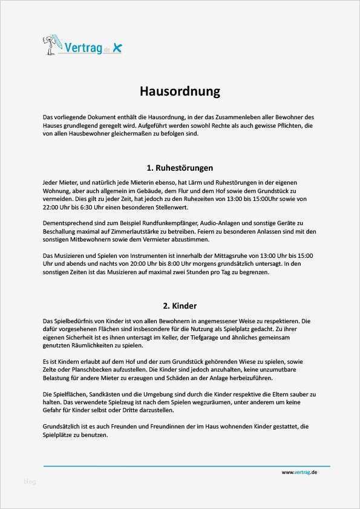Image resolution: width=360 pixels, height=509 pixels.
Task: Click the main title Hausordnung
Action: (x=180, y=91)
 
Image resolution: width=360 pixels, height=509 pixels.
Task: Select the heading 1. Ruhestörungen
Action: (x=180, y=168)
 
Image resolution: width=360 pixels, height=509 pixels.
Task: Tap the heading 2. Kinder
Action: (x=180, y=306)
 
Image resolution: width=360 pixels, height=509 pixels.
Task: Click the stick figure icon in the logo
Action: (x=50, y=45)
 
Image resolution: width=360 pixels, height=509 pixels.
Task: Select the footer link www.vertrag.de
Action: (x=299, y=472)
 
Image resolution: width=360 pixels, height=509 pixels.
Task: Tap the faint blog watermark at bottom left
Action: (x=30, y=482)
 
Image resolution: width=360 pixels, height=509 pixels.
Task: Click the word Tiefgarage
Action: (x=212, y=337)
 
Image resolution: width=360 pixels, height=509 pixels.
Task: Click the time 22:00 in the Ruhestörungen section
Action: (x=53, y=206)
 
